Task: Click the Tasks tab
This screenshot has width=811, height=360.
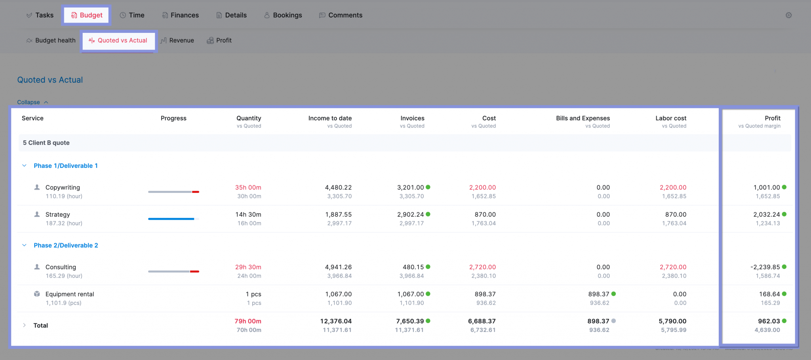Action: click(40, 15)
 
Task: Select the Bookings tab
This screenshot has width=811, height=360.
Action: click(283, 15)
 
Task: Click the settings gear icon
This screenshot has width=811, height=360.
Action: click(788, 15)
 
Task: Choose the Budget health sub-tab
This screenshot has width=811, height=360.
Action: click(51, 40)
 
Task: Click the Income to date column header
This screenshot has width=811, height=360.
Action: click(330, 118)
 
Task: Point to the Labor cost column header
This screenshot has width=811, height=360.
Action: click(671, 118)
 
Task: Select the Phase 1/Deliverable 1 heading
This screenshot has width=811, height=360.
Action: click(66, 166)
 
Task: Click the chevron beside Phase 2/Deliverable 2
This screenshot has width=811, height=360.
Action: click(25, 245)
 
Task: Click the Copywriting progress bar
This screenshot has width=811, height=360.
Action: click(173, 192)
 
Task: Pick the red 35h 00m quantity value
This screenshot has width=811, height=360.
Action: click(248, 187)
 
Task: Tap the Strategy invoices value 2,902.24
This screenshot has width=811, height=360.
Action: click(410, 214)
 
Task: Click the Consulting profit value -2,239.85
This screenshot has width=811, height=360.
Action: click(765, 267)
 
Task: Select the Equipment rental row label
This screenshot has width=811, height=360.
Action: click(70, 294)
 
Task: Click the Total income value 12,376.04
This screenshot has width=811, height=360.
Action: click(336, 321)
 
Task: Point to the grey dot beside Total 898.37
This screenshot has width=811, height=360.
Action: click(613, 321)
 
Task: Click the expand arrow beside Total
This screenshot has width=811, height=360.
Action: click(25, 325)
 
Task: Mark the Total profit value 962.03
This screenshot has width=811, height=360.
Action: click(769, 321)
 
